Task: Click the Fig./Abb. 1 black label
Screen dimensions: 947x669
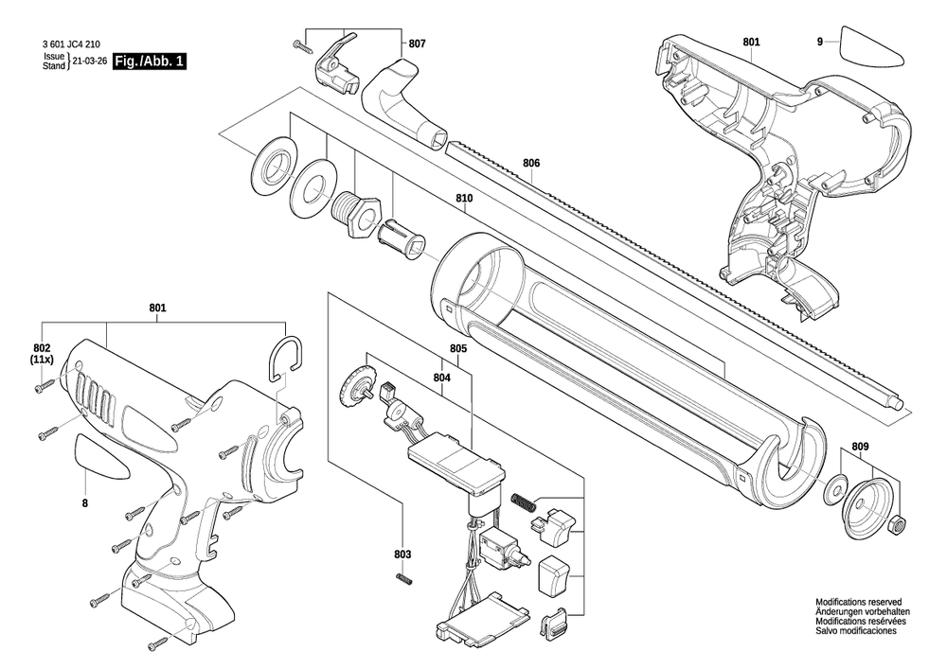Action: click(150, 61)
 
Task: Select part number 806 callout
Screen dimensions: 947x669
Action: click(531, 163)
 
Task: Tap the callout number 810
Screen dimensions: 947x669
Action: click(464, 198)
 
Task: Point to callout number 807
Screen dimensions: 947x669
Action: click(418, 44)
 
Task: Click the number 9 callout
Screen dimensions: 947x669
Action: click(819, 42)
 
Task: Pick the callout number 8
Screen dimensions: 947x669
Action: click(85, 502)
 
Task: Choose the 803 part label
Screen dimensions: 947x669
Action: click(402, 555)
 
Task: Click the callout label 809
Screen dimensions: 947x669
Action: click(861, 447)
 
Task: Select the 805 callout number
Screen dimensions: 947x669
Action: click(458, 348)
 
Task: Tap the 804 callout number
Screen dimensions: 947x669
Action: click(442, 378)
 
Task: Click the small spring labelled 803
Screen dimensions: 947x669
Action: click(404, 579)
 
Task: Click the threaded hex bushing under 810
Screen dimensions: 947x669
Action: click(357, 214)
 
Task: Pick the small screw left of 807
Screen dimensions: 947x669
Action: click(301, 44)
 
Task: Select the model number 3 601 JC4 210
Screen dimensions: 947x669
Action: click(71, 44)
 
